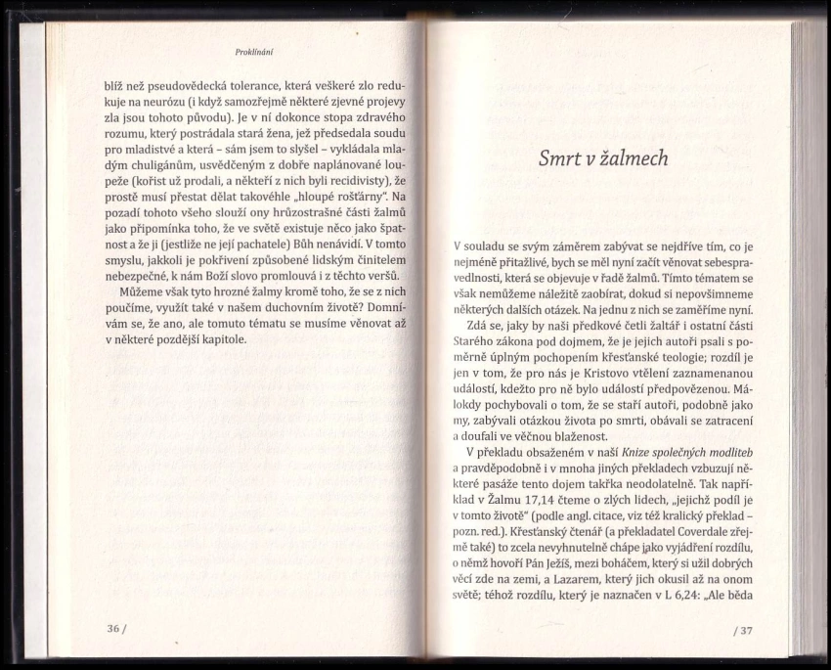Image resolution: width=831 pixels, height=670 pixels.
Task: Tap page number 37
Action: tap(744, 629)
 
